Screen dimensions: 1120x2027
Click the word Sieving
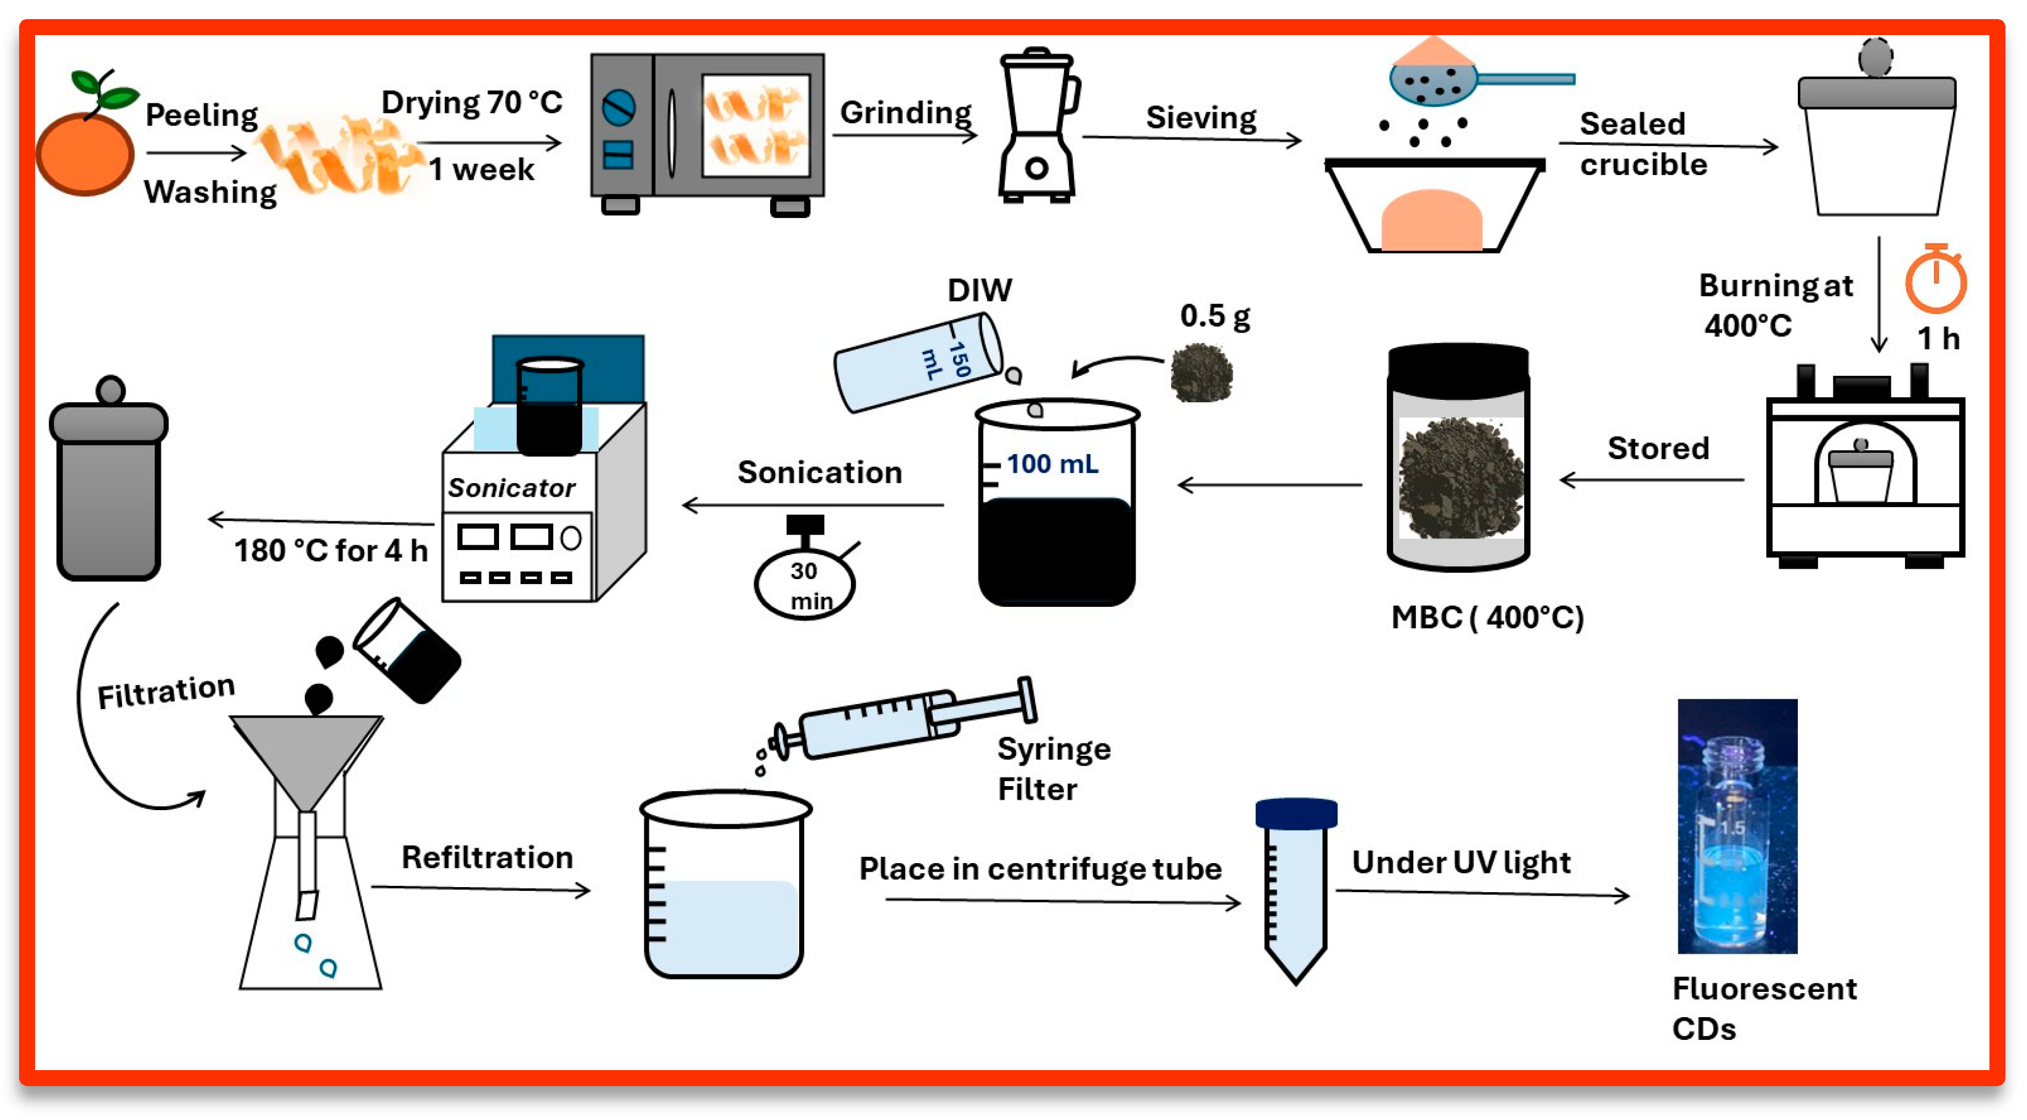tap(1201, 118)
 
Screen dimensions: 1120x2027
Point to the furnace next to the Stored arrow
tap(1864, 473)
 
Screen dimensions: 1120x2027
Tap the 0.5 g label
tap(1214, 317)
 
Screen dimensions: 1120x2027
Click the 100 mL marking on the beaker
tap(1052, 465)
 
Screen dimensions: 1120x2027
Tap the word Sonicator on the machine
tap(511, 489)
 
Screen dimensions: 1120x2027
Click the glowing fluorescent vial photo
tap(1737, 826)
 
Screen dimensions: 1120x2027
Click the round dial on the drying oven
tap(619, 108)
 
